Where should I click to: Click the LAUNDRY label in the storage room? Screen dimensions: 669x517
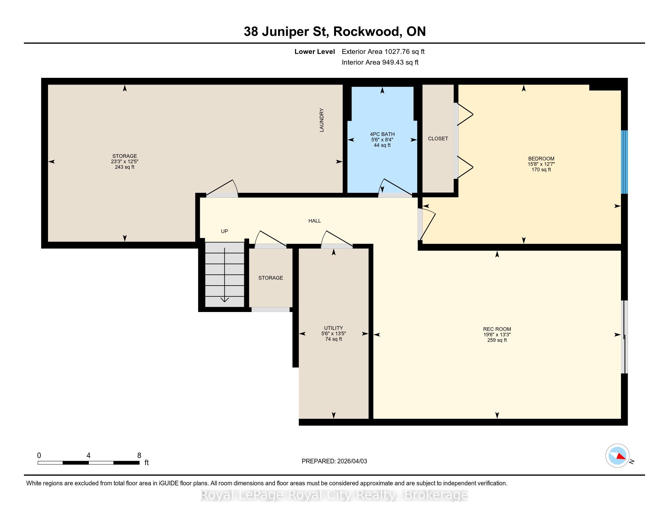point(322,120)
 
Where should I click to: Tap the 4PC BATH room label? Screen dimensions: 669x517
point(382,134)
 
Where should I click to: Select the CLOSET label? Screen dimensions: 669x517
point(438,139)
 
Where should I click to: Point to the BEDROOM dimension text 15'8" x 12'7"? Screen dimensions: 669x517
point(541,164)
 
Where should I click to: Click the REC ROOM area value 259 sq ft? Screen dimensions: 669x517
point(497,340)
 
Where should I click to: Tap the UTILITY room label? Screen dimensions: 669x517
point(334,328)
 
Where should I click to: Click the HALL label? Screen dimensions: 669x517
point(315,221)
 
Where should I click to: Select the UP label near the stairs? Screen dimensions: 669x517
point(224,231)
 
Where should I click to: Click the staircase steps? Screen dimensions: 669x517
point(224,274)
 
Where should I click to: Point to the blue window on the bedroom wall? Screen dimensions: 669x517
point(624,162)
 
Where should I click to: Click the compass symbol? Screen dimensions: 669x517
point(618,456)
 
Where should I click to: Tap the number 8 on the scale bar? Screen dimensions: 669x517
point(139,456)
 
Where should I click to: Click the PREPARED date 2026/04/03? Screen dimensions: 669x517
point(352,461)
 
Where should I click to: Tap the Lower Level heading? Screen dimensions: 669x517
point(315,52)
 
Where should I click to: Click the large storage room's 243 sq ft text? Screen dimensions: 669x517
point(125,167)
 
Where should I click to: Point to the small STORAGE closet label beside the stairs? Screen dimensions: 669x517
point(271,278)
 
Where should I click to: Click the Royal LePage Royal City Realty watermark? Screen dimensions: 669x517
point(334,495)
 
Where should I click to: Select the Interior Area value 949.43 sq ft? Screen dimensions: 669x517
point(400,62)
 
